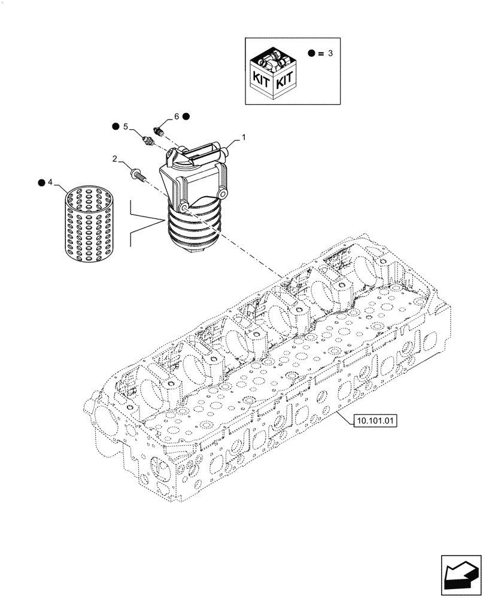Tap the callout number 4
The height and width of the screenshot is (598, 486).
pyautogui.click(x=51, y=181)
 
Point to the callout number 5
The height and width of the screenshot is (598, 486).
pyautogui.click(x=126, y=127)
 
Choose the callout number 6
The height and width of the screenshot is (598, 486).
pyautogui.click(x=176, y=116)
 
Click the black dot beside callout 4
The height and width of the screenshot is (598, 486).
pyautogui.click(x=41, y=181)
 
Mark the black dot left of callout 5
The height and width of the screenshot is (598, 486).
pyautogui.click(x=115, y=127)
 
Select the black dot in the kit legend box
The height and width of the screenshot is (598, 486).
pyautogui.click(x=311, y=53)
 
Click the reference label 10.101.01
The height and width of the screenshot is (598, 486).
pyautogui.click(x=375, y=421)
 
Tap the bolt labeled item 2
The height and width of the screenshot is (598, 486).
pyautogui.click(x=136, y=175)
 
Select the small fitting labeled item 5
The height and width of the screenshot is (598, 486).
pyautogui.click(x=149, y=141)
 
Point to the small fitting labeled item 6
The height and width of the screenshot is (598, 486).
pyautogui.click(x=160, y=129)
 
